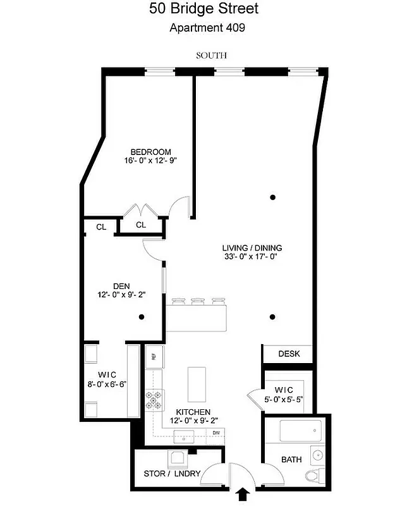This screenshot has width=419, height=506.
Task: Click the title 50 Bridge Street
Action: pyautogui.click(x=203, y=9)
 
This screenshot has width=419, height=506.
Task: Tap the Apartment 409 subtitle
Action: pyautogui.click(x=207, y=27)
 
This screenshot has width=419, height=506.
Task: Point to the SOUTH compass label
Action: pyautogui.click(x=211, y=56)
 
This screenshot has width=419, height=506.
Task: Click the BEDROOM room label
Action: pyautogui.click(x=150, y=152)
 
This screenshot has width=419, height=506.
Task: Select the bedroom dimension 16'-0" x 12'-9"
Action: pyautogui.click(x=150, y=161)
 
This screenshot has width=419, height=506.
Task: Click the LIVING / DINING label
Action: pyautogui.click(x=252, y=248)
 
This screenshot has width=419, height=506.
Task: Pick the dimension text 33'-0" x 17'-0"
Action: pyautogui.click(x=252, y=257)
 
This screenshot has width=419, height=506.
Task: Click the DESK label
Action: pyautogui.click(x=288, y=354)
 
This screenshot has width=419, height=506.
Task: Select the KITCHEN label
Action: pyautogui.click(x=193, y=412)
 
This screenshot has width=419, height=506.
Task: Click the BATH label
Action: pyautogui.click(x=291, y=460)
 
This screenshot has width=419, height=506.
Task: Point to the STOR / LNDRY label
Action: pyautogui.click(x=171, y=474)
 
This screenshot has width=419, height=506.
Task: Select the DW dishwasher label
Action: pyautogui.click(x=216, y=433)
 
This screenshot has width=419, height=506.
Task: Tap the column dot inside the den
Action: pyautogui.click(x=143, y=317)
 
